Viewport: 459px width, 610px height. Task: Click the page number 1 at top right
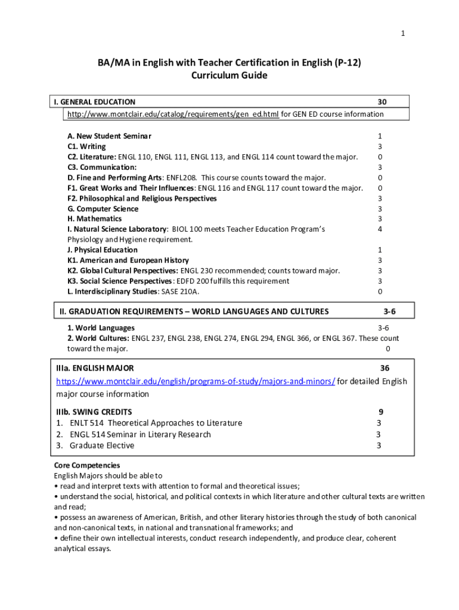pyautogui.click(x=403, y=33)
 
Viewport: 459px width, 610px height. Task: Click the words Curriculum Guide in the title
pyautogui.click(x=229, y=76)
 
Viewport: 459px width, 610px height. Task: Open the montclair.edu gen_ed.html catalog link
pyautogui.click(x=173, y=114)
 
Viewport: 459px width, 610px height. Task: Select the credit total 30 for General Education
pyautogui.click(x=382, y=102)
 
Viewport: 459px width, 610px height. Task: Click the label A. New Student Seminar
pyautogui.click(x=109, y=136)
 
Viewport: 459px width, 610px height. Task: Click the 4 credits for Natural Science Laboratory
pyautogui.click(x=380, y=229)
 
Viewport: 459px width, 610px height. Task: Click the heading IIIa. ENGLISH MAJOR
pyautogui.click(x=95, y=369)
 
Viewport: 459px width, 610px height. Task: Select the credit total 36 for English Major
pyautogui.click(x=385, y=369)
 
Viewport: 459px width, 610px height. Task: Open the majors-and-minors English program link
pyautogui.click(x=196, y=381)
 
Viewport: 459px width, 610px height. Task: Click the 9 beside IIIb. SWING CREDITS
pyautogui.click(x=380, y=412)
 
